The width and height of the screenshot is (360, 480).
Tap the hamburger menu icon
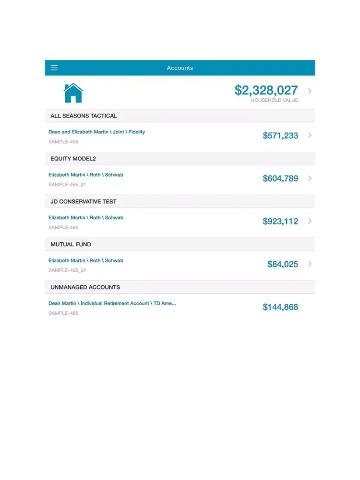(x=54, y=68)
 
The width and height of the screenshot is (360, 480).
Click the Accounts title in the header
(x=180, y=68)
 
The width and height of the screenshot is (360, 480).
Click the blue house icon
(x=73, y=93)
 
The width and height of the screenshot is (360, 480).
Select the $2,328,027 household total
(x=266, y=90)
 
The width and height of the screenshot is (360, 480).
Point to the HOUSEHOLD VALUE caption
(x=274, y=100)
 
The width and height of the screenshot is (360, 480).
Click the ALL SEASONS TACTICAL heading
(x=84, y=116)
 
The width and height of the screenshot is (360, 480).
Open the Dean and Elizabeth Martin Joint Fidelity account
(x=96, y=132)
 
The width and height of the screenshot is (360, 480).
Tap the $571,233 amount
(x=280, y=136)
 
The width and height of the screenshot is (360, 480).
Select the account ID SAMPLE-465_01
(x=67, y=185)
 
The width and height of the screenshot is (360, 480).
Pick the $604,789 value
(x=280, y=179)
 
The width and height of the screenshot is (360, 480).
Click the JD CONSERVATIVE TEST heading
(x=84, y=202)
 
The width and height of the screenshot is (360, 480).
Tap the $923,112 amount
(x=280, y=221)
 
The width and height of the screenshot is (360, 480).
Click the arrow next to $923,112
(x=310, y=221)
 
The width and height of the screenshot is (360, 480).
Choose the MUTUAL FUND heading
(x=71, y=244)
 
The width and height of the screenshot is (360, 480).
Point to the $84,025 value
(x=283, y=264)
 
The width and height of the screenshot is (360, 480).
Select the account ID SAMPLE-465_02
(x=67, y=270)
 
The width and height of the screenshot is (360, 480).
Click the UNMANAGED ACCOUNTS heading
(x=85, y=287)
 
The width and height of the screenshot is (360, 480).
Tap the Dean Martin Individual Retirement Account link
(x=112, y=303)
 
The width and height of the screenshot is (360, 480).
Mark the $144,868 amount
(x=280, y=307)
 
